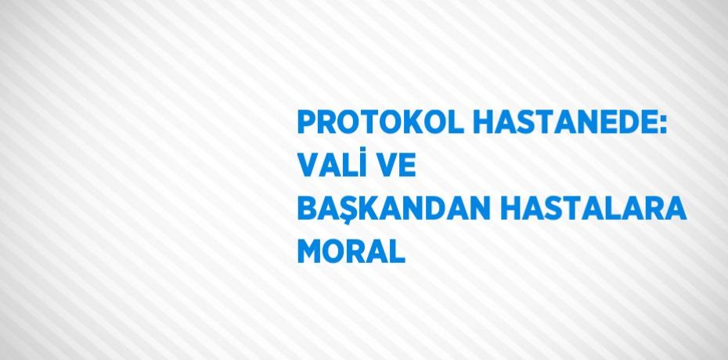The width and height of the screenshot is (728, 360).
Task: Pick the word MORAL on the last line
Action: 351,252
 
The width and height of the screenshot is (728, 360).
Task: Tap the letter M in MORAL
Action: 311,252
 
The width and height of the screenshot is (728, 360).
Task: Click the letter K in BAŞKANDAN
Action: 371,210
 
